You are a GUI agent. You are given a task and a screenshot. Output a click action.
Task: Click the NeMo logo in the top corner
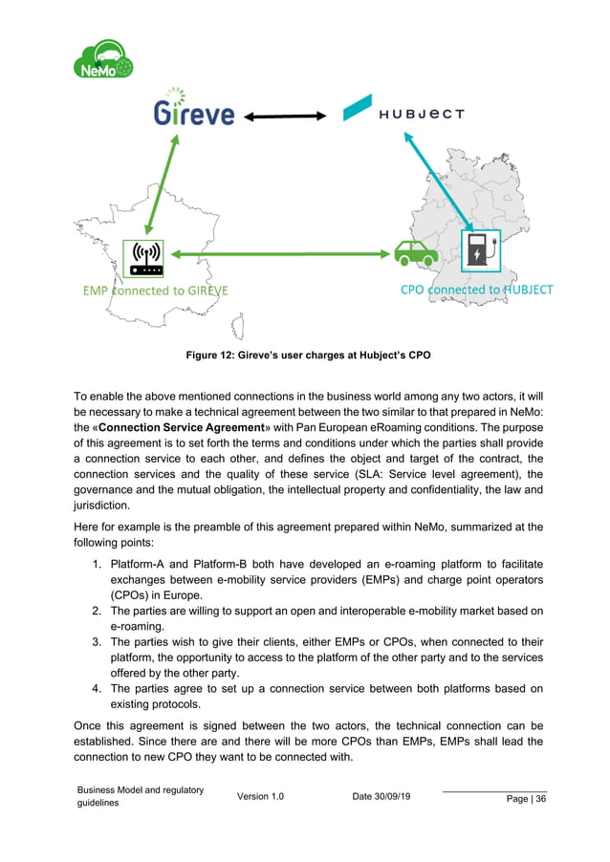point(102,59)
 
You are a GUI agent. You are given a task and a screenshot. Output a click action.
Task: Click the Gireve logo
point(194,113)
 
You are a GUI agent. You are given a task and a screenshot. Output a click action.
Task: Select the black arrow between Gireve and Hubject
point(286,117)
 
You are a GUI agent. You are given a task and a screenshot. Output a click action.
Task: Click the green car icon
point(416,252)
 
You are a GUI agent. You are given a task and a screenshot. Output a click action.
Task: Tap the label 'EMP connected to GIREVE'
point(155,290)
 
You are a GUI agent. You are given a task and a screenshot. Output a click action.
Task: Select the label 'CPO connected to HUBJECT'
point(476,289)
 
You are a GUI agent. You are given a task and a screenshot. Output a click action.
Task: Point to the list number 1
point(98,563)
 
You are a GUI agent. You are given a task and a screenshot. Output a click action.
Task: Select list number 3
point(98,643)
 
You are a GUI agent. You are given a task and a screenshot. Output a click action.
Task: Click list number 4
point(98,688)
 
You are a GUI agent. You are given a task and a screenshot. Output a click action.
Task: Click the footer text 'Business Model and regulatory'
point(142,789)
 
